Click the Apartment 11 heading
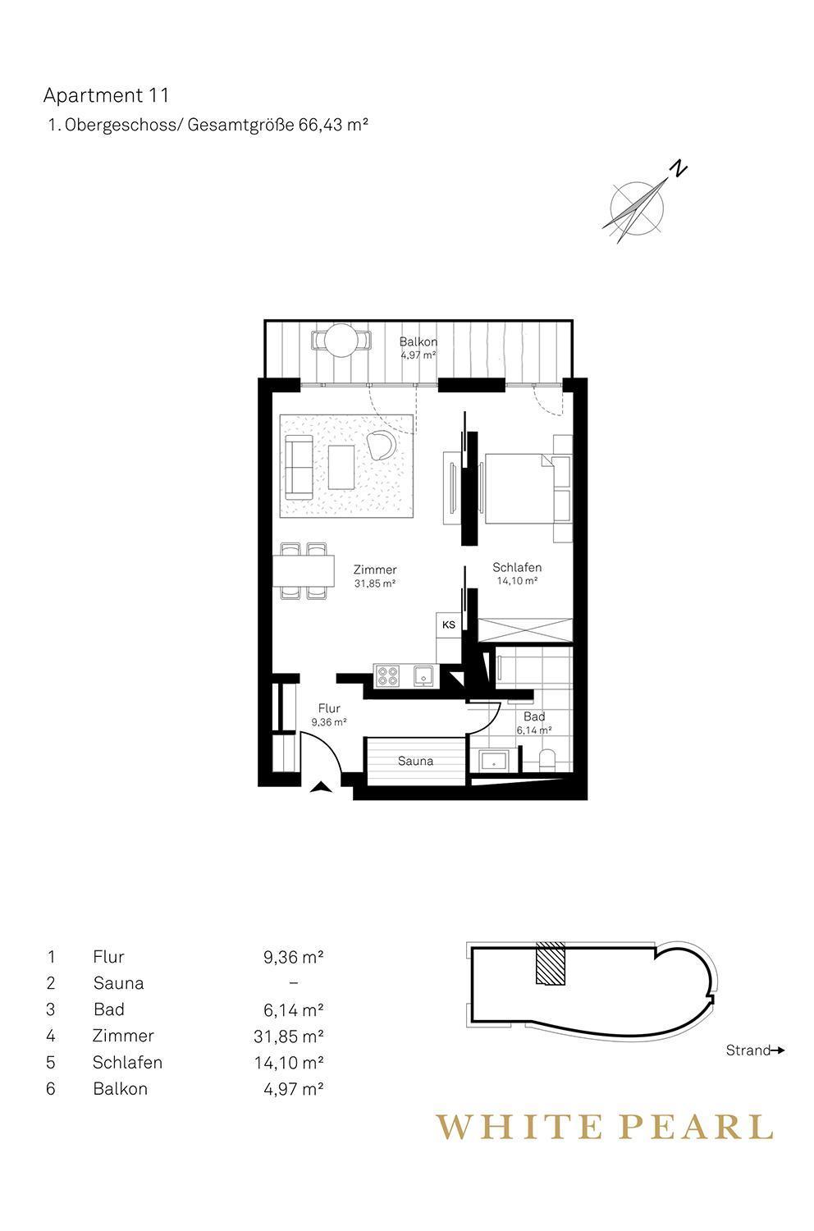coord(106,96)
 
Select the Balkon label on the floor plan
coord(418,341)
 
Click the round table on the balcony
coord(341,341)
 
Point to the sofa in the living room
coord(299,467)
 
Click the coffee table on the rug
coord(341,467)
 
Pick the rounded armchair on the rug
coord(381,444)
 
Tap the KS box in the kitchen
coord(449,625)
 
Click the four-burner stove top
coord(387,675)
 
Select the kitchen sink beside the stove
coord(423,675)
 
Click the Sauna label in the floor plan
coord(415,761)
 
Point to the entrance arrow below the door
coord(321,787)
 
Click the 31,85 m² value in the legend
coord(289,1036)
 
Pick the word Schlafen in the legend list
coord(127,1062)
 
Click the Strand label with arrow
coord(755,1050)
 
